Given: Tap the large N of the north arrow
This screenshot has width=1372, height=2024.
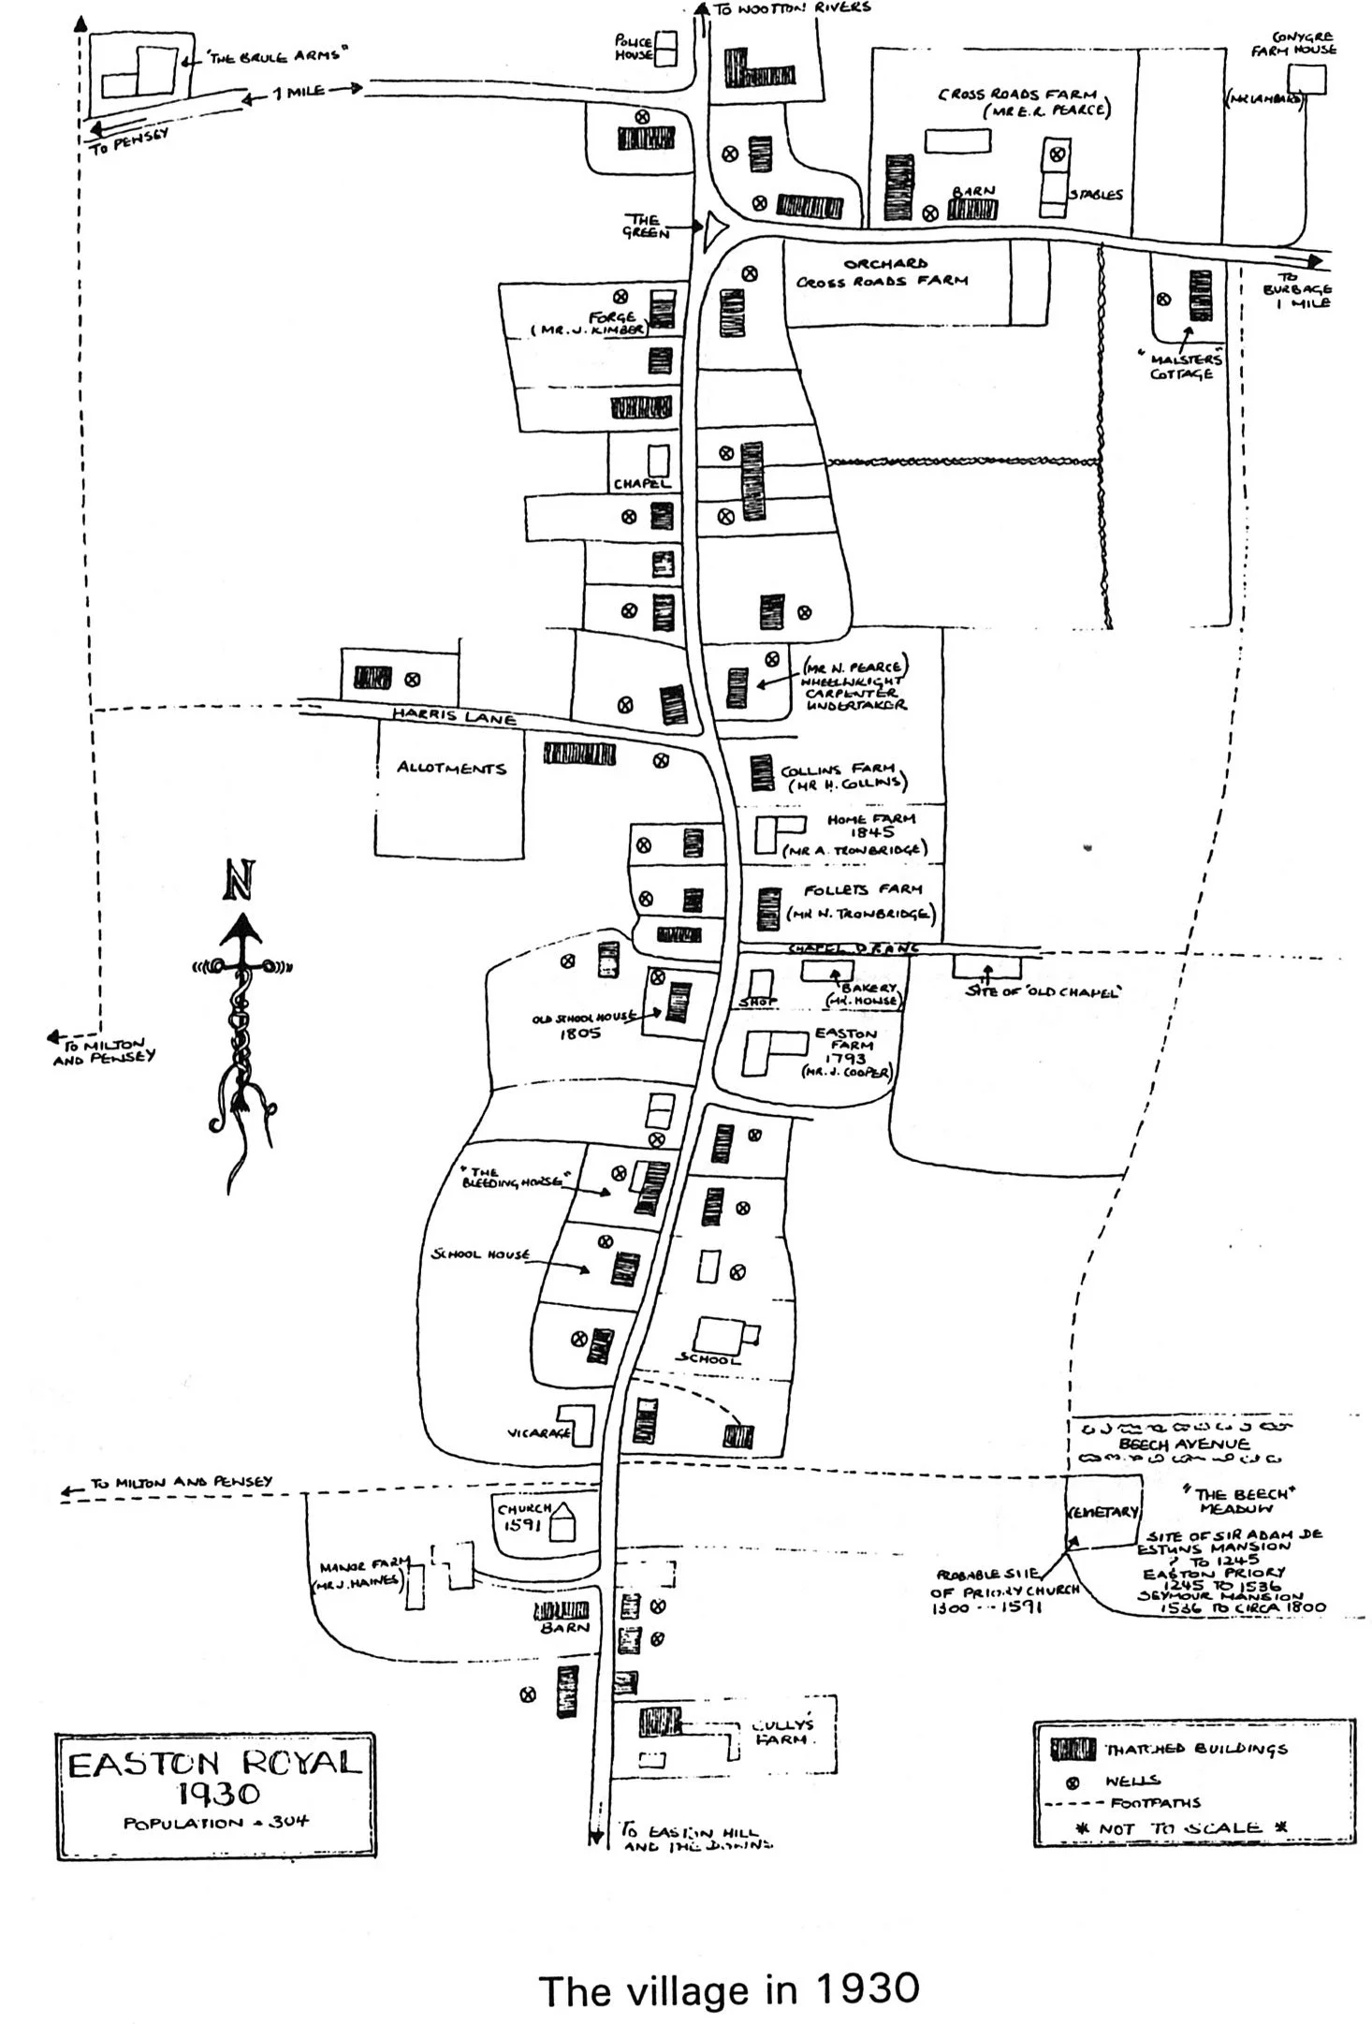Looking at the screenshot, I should click(240, 880).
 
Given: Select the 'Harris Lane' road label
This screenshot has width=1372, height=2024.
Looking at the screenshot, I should click(454, 716).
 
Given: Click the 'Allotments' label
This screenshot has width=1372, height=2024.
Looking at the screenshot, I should click(451, 768).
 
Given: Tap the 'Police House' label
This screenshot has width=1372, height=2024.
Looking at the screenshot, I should click(634, 48).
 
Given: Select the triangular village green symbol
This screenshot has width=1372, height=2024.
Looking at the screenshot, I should click(716, 227).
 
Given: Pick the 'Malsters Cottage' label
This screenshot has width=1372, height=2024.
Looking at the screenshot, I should click(1181, 366).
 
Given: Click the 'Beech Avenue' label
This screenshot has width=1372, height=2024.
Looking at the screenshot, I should click(1177, 1445).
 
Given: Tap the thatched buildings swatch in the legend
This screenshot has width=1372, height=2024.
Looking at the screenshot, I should click(1073, 1749).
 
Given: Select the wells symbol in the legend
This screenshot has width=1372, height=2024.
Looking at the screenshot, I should click(1073, 1782).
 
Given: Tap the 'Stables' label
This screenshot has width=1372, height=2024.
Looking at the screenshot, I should click(1097, 195).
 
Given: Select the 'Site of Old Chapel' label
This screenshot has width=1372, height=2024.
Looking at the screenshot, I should click(1042, 992).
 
